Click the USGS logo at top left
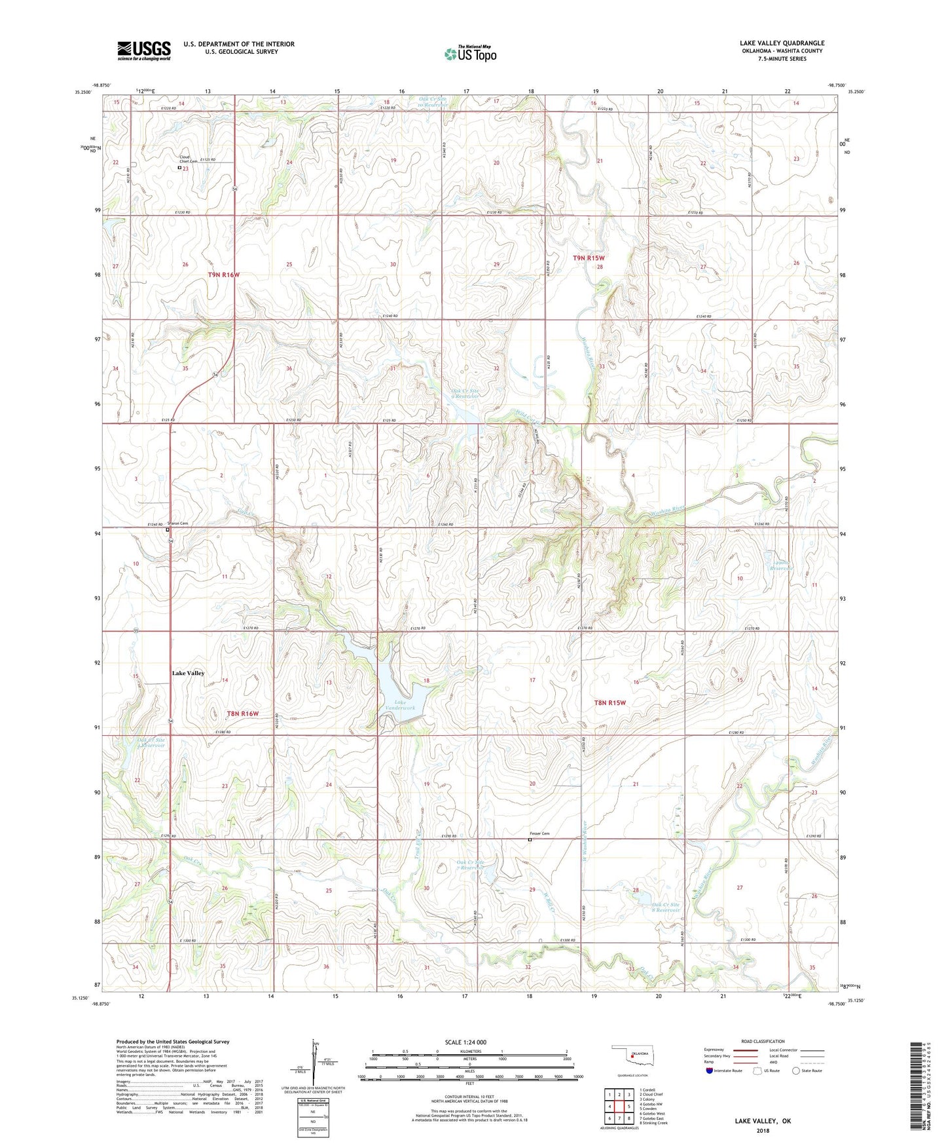click(144, 50)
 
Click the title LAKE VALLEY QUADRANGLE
click(782, 43)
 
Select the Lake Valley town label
click(188, 673)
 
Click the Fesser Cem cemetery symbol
click(530, 839)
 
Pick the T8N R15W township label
click(609, 702)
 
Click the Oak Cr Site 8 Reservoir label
click(666, 907)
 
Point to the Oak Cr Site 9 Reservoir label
click(465, 393)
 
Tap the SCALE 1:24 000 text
click(465, 1042)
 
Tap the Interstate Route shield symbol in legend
click(710, 1071)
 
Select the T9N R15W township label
click(588, 258)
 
